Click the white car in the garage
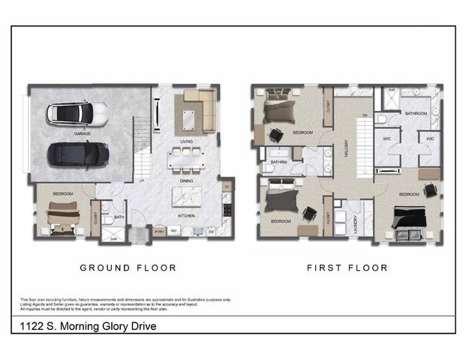click(77, 114)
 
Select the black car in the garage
click(77, 154)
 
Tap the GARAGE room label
click(82, 133)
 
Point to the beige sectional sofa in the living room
click(197, 109)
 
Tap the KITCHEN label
click(187, 215)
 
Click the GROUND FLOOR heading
click(128, 268)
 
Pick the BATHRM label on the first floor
click(278, 161)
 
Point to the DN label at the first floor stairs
click(365, 115)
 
